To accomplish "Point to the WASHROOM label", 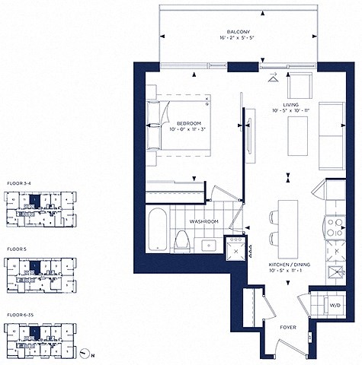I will [203, 222].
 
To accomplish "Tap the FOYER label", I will [288, 328].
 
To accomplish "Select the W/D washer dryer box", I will [334, 306].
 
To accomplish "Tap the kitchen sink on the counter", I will [334, 275].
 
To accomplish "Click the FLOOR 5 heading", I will [15, 249].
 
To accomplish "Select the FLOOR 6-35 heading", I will [19, 313].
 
